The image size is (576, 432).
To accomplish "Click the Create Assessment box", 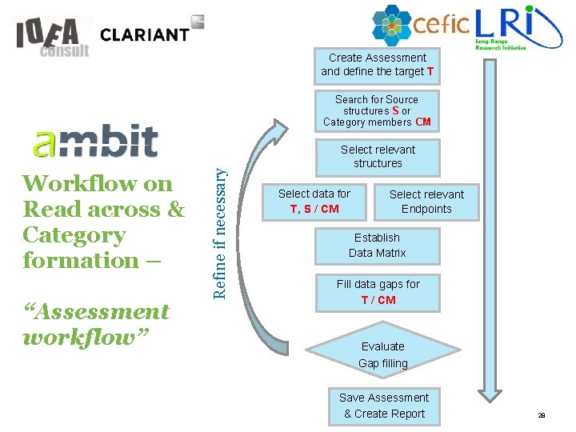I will (378, 65).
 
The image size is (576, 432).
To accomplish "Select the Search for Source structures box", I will (378, 111).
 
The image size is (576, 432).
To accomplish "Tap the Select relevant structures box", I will (378, 157).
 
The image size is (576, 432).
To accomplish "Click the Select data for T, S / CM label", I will (314, 201).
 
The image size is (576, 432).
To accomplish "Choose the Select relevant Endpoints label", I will (426, 202).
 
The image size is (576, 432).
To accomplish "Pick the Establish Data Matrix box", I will (378, 246).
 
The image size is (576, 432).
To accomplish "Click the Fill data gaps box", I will (378, 292).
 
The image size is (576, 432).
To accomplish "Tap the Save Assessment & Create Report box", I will (384, 406).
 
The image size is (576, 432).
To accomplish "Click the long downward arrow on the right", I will (486, 240).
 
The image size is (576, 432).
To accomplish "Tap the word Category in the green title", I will (74, 235).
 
